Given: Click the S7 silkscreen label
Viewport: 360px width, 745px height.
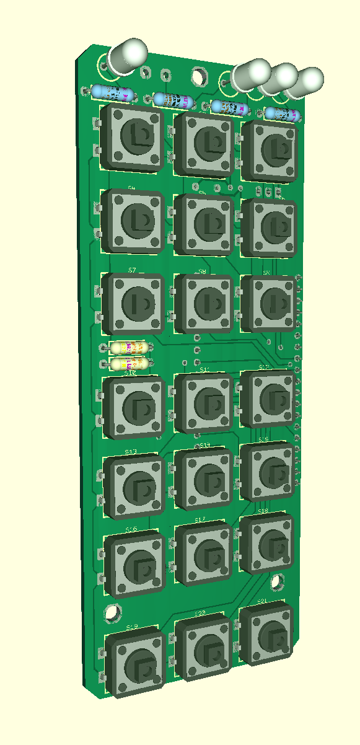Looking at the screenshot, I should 132,270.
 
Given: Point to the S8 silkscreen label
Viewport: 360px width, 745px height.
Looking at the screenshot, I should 202,271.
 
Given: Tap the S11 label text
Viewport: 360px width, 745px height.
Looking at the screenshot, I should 204,370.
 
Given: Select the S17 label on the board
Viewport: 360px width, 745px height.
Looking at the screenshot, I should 200,520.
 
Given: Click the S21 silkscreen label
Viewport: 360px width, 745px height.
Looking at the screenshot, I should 262,602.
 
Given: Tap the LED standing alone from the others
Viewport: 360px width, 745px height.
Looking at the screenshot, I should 127,55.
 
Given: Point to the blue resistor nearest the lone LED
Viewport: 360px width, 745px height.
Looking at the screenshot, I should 112,94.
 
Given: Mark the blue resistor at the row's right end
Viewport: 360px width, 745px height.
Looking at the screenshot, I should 283,113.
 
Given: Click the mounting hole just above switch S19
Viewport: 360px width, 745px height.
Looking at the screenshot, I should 112,612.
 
